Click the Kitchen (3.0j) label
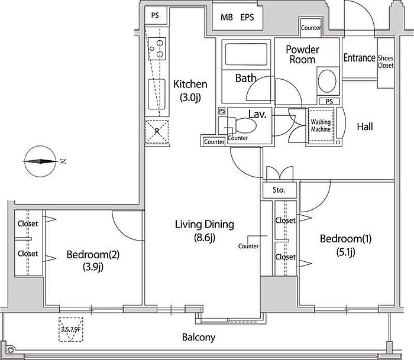190,90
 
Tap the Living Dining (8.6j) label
205,230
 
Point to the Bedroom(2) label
93,260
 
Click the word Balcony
198,338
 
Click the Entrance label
360,58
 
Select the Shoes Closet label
386,61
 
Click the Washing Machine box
321,127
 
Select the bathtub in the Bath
244,55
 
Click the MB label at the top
227,18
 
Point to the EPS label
247,18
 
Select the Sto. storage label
279,190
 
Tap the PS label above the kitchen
155,15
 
